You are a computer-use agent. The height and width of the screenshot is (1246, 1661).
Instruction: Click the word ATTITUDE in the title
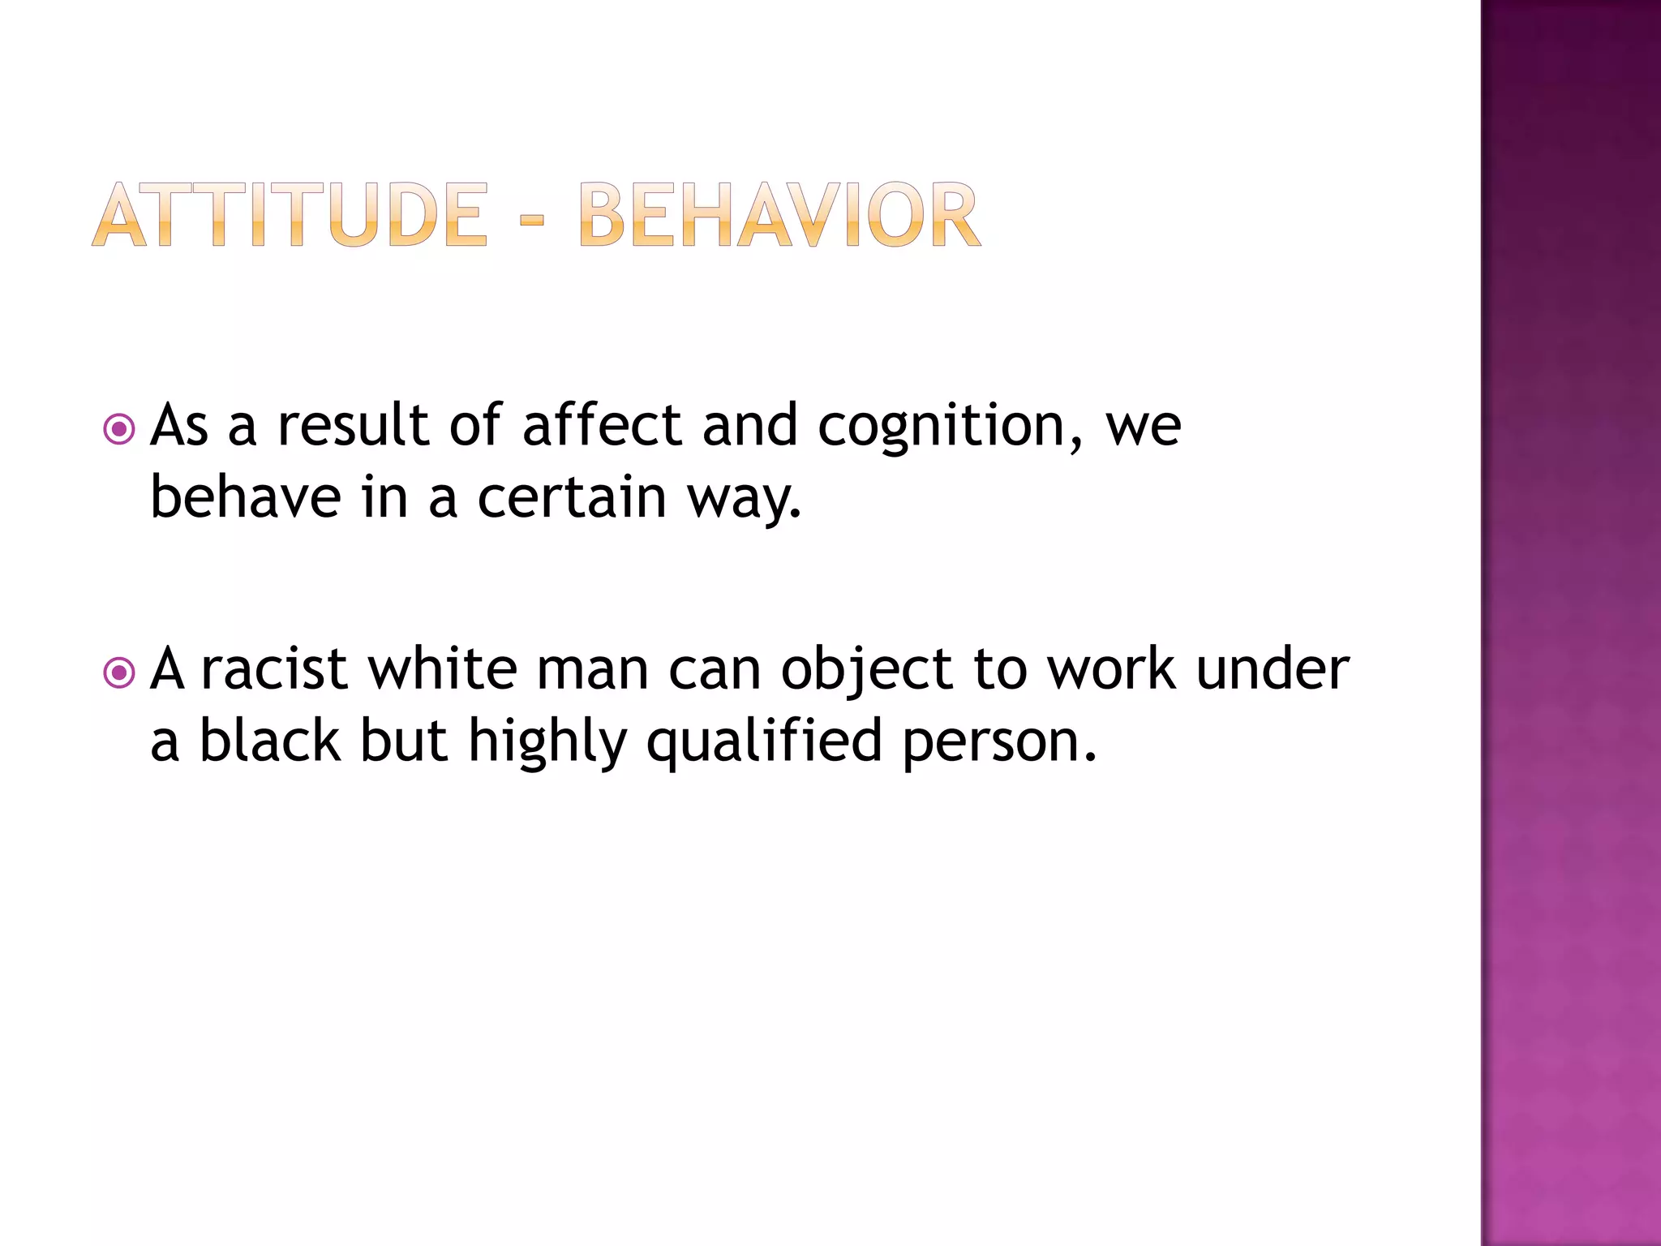click(x=290, y=215)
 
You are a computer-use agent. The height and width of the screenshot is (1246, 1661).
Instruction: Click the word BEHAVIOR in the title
click(x=779, y=215)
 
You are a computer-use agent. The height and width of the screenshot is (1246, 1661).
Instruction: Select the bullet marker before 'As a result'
click(x=119, y=429)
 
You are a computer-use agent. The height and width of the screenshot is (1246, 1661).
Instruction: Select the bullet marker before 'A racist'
click(x=119, y=672)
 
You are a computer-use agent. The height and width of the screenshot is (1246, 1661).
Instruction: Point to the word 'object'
click(x=866, y=672)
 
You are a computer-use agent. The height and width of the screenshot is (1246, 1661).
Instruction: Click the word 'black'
click(x=270, y=741)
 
